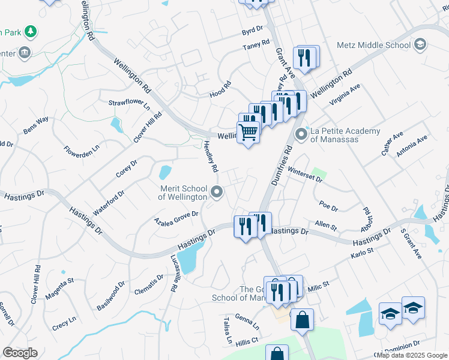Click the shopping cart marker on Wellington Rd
click(248, 131)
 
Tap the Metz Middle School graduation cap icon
click(419, 44)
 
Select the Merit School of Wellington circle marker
click(217, 192)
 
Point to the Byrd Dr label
click(252, 29)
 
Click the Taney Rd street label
click(256, 47)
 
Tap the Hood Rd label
click(220, 91)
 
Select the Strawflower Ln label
click(129, 103)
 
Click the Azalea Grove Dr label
click(176, 217)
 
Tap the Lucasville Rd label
click(173, 272)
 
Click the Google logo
click(20, 353)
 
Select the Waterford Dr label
click(109, 203)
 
